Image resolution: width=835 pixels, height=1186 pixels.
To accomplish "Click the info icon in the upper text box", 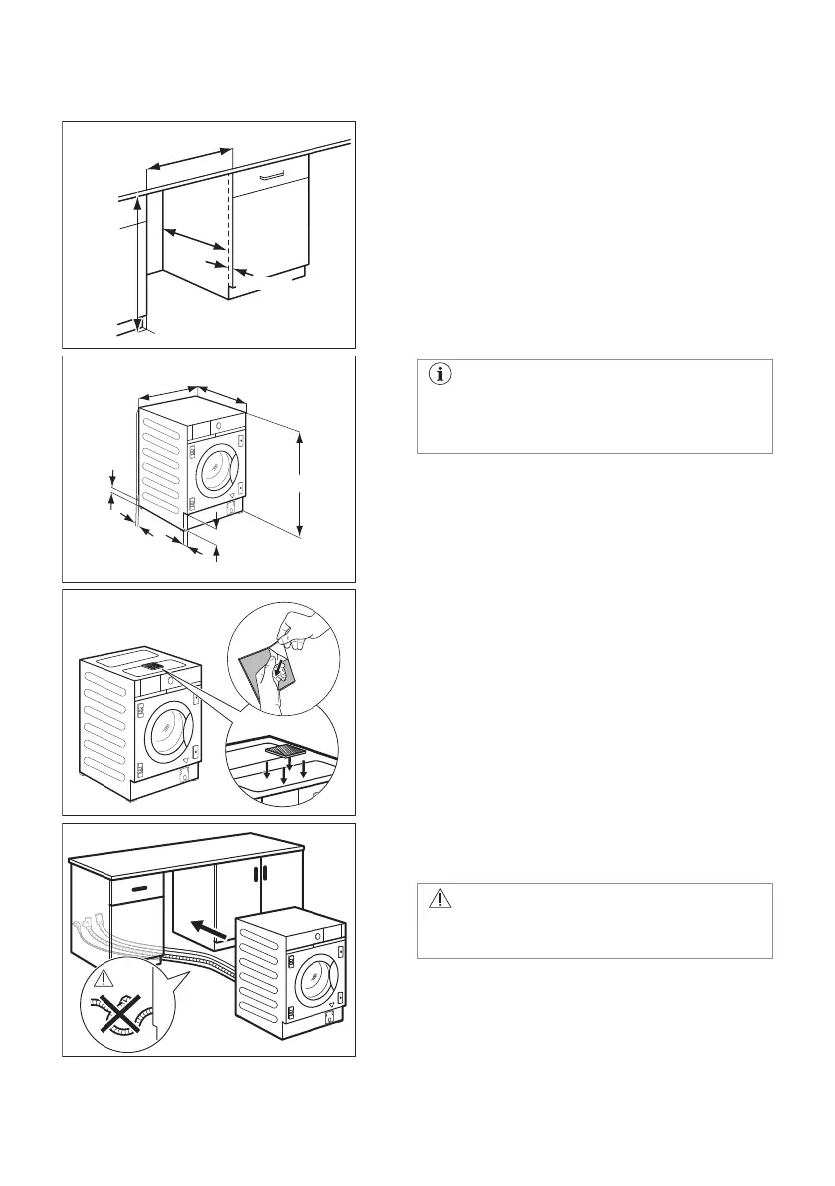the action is pyautogui.click(x=439, y=375).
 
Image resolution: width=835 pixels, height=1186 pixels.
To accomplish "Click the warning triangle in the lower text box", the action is pyautogui.click(x=439, y=899).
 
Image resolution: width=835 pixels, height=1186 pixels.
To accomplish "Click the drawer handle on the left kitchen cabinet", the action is pyautogui.click(x=139, y=885).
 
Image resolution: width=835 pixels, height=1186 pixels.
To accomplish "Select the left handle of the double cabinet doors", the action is pyautogui.click(x=256, y=873).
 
